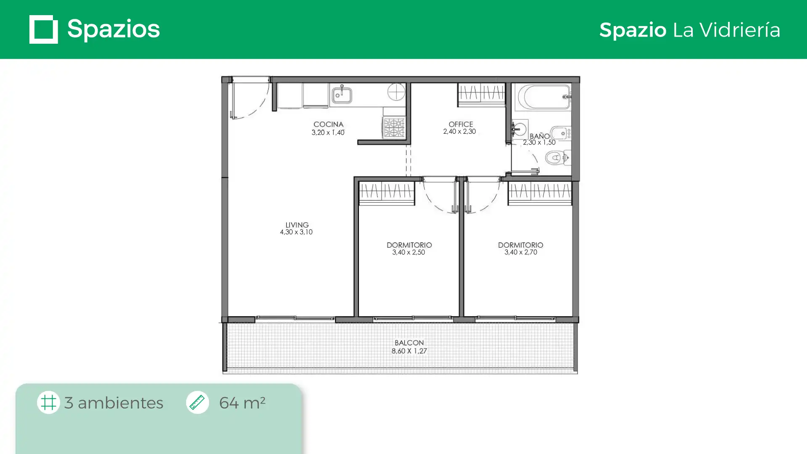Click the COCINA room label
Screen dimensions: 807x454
328,124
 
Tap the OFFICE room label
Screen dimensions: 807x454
461,124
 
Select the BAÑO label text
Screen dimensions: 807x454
540,136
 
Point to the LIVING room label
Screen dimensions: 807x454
297,225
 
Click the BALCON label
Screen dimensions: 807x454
409,343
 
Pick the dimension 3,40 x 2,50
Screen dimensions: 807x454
409,252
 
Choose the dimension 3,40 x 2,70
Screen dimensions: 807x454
521,252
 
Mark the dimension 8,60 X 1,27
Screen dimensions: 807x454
409,351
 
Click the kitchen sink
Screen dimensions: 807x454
342,95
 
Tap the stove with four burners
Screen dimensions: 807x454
394,127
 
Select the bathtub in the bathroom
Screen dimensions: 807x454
544,97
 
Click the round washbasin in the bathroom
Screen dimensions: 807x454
520,129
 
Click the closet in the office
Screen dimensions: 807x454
481,95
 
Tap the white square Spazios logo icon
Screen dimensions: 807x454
44,29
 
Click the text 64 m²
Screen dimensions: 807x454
242,403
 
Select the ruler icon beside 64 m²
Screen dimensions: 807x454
197,402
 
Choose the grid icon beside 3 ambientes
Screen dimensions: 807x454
48,402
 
